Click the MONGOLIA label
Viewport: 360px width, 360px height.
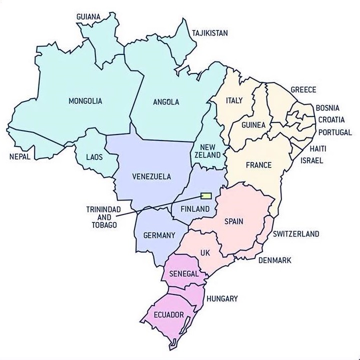(85, 101)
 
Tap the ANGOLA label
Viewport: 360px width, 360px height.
(165, 102)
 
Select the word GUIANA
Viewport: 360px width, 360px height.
(88, 17)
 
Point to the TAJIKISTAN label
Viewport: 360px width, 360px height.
(209, 33)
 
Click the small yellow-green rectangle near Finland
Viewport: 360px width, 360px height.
(206, 196)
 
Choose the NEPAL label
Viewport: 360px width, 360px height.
(20, 156)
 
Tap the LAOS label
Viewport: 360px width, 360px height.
(94, 157)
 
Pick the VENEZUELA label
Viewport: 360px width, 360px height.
(151, 176)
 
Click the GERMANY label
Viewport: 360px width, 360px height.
(159, 235)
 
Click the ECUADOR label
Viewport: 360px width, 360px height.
(169, 314)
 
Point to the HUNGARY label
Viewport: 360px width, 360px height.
(221, 298)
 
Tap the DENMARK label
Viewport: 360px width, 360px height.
(274, 260)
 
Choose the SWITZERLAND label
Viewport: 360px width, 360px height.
(295, 234)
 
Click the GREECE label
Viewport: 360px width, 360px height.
(303, 90)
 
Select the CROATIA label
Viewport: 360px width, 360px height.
(331, 120)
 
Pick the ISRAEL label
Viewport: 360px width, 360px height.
(312, 161)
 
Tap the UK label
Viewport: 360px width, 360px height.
(205, 253)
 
